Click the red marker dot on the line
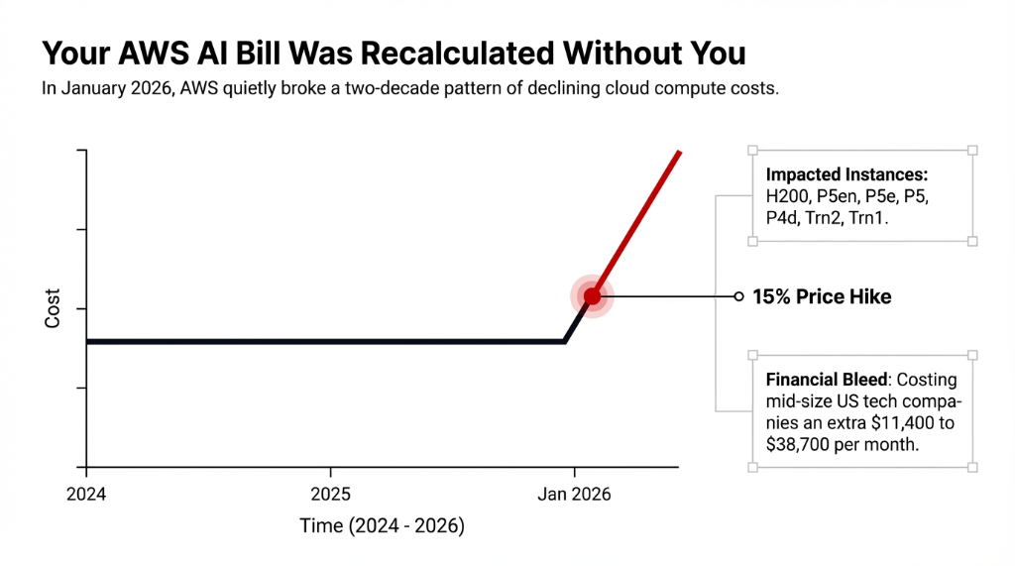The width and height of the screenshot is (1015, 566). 592,296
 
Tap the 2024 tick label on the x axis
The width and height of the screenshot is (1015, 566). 87,492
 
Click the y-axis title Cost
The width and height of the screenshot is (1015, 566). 54,308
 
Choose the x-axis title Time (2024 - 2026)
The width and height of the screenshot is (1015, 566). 382,526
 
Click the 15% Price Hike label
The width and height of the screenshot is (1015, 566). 822,296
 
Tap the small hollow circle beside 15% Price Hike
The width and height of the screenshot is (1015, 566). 738,296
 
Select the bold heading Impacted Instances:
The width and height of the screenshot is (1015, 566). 846,175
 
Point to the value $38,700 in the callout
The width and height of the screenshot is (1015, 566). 798,445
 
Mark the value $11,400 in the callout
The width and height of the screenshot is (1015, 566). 896,423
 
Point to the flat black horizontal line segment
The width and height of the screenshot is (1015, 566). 327,342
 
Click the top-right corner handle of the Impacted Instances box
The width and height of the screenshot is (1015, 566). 972,151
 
